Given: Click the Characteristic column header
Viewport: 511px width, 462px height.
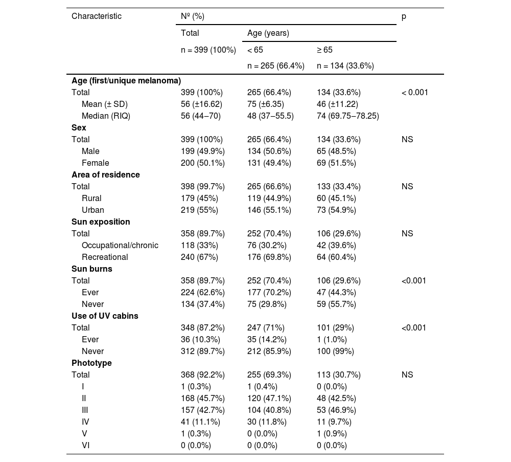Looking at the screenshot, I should (97, 16).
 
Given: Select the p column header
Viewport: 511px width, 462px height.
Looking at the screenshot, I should (404, 16).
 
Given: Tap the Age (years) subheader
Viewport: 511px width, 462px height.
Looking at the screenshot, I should (268, 33).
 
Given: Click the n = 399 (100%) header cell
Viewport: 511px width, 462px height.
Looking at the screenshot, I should (208, 50).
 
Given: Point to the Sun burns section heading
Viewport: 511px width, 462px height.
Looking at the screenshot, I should (92, 269).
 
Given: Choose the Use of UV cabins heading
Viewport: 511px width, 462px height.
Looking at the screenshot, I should (105, 316).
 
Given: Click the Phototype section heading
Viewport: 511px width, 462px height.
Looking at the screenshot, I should (91, 363).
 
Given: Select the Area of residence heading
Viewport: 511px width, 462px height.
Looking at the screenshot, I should (105, 174).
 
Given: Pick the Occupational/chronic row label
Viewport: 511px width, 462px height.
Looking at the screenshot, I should (120, 245).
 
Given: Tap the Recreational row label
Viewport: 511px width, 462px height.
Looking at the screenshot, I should (105, 257).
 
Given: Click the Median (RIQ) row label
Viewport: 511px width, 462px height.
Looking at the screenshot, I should (106, 116).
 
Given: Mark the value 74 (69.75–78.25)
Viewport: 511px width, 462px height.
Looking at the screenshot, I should (347, 116).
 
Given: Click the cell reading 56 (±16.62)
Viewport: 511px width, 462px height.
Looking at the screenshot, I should (203, 104).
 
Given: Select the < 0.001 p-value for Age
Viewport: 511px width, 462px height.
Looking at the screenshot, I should (415, 92).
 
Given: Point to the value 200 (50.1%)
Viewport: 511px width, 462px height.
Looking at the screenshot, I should (202, 163).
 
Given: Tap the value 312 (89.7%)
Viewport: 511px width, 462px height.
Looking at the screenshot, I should (202, 351).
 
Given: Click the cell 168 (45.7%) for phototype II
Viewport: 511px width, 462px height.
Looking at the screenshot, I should (202, 398).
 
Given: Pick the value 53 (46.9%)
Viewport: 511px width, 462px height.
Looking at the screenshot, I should (336, 410).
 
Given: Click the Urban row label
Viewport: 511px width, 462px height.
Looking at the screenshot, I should (92, 210).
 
